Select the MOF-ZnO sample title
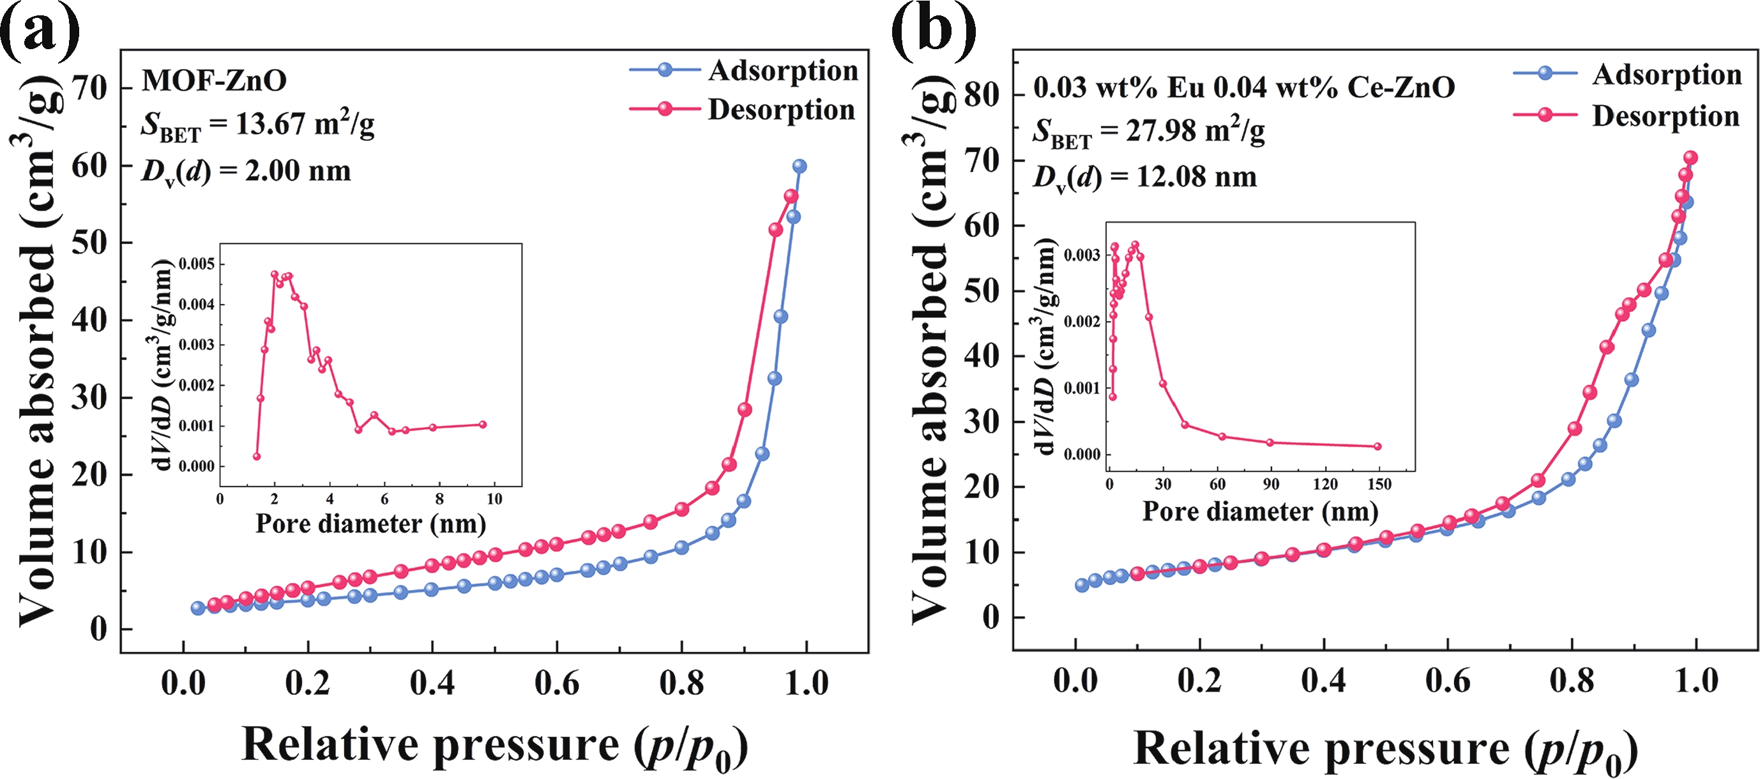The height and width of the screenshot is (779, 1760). pos(214,81)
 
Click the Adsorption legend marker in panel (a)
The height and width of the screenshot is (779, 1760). pos(665,70)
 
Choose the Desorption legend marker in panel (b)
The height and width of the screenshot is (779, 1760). pos(1545,114)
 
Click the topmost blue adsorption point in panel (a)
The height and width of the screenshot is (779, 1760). pos(800,166)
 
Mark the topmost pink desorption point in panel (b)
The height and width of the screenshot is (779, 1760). pos(1690,158)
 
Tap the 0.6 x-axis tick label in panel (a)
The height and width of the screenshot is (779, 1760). pos(557,683)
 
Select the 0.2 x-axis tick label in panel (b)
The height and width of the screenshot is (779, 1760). pos(1199,681)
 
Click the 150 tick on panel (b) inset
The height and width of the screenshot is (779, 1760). pos(1379,485)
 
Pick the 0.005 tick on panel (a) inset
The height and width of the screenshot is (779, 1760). pos(197,264)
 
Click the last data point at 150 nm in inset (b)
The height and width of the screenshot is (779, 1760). pos(1377,446)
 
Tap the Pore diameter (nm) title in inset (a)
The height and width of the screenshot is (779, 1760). pos(370,524)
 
